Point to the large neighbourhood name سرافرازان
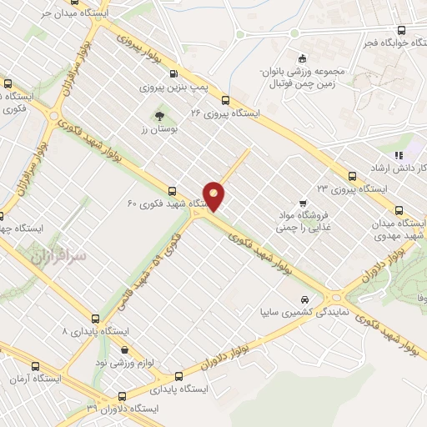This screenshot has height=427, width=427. [59, 258]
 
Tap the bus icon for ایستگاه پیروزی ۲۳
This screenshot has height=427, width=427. [353, 176]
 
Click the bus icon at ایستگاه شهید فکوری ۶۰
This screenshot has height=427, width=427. [173, 191]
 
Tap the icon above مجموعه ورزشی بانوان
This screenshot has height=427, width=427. [302, 58]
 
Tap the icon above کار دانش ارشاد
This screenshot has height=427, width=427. [399, 154]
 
